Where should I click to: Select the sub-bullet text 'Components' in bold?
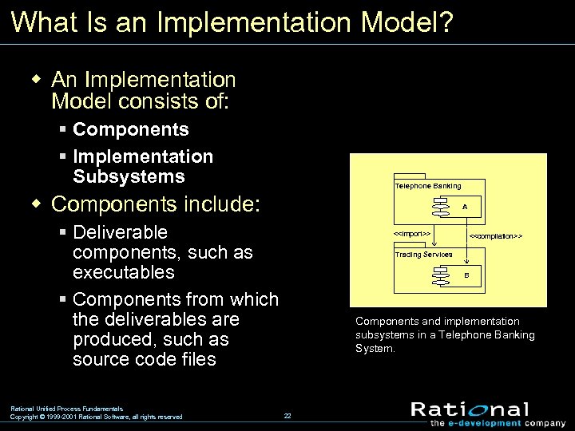pos(131,129)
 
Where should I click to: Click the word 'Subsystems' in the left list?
pos(129,176)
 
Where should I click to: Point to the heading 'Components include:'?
pos(156,204)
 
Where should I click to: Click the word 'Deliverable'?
pos(120,232)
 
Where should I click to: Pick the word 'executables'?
pos(123,272)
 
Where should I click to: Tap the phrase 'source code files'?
pos(144,359)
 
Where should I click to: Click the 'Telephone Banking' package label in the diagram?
pos(427,186)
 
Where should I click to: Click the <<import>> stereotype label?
pos(412,233)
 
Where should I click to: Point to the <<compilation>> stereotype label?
pos(495,237)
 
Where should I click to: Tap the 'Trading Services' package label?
pos(423,255)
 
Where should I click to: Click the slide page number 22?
pos(287,416)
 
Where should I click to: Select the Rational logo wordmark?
pos(470,410)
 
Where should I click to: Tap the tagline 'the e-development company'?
pos(487,423)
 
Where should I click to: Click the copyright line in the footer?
pos(96,417)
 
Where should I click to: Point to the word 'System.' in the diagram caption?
pos(375,349)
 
